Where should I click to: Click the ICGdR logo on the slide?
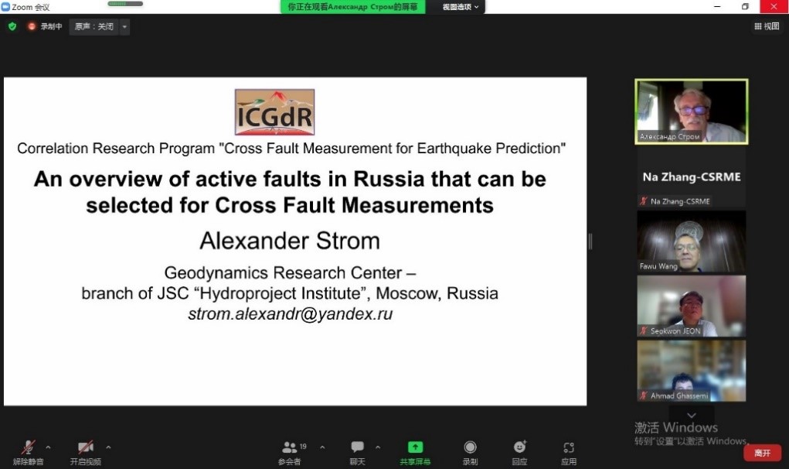[275, 112]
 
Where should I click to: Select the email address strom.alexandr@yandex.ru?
[291, 314]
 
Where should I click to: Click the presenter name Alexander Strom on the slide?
[290, 241]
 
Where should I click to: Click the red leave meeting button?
[762, 453]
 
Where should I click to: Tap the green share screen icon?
[415, 447]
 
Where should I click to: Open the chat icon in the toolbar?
[357, 447]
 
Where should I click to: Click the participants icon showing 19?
[290, 447]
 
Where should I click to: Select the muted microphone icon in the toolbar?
[28, 447]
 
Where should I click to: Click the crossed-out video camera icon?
[86, 447]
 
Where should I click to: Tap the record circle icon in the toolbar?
[470, 447]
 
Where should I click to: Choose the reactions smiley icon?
[520, 447]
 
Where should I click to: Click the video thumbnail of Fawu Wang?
[692, 241]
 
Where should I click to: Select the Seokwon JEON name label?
[675, 331]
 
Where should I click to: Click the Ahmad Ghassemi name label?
[679, 396]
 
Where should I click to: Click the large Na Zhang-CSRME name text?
[692, 176]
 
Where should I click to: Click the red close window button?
[774, 6]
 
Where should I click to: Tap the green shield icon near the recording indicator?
[12, 26]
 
